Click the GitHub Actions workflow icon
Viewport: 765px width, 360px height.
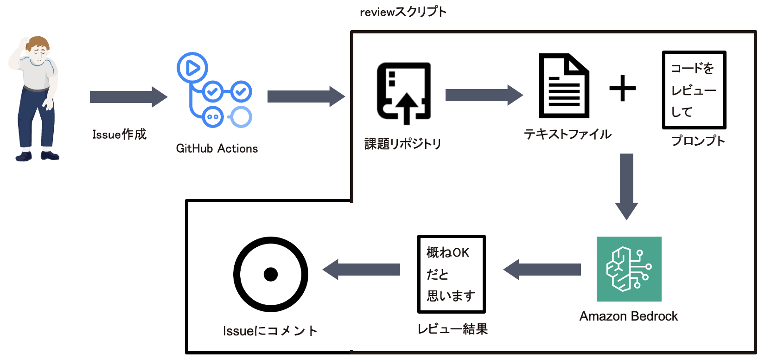click(x=214, y=90)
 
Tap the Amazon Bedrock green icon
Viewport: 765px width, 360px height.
click(x=629, y=269)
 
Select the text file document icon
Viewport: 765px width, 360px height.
click(x=564, y=86)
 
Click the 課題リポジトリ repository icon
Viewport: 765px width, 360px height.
click(x=404, y=93)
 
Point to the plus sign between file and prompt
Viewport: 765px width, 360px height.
click(x=622, y=88)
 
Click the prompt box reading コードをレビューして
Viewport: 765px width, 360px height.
click(x=694, y=90)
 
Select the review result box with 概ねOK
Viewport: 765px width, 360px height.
click(x=451, y=274)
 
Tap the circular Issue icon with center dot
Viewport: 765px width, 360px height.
click(x=270, y=274)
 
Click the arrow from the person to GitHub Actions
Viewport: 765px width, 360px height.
click(x=128, y=97)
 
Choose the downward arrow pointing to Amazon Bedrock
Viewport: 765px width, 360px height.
click(x=626, y=186)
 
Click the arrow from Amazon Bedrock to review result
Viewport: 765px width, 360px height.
click(x=542, y=270)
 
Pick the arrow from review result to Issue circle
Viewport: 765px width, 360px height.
click(x=362, y=270)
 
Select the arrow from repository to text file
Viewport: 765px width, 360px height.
click(x=484, y=95)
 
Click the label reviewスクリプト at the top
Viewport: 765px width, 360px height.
click(x=403, y=12)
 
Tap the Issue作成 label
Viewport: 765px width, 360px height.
click(x=119, y=135)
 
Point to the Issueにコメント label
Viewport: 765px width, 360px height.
click(x=270, y=331)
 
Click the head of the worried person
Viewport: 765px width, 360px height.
click(x=37, y=49)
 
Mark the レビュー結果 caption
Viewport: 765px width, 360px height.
click(x=453, y=329)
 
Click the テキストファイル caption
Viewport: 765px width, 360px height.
click(x=567, y=135)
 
